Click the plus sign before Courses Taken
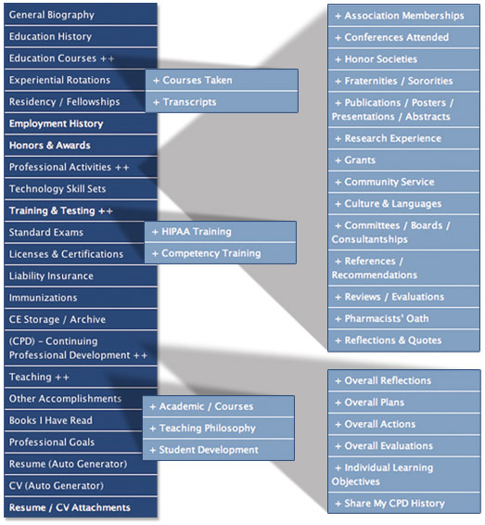pos(156,81)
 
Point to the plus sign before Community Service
pos(338,182)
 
